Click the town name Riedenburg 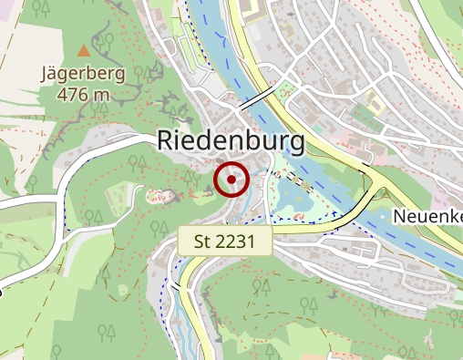[230, 140]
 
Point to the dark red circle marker [231, 180]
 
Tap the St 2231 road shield [226, 242]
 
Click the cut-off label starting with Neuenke [428, 216]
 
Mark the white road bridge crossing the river [256, 97]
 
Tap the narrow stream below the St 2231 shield [193, 310]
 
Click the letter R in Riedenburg [165, 140]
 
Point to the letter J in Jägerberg [46, 75]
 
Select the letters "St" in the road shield [206, 242]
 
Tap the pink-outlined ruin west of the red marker [160, 194]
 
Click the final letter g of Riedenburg [293, 143]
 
